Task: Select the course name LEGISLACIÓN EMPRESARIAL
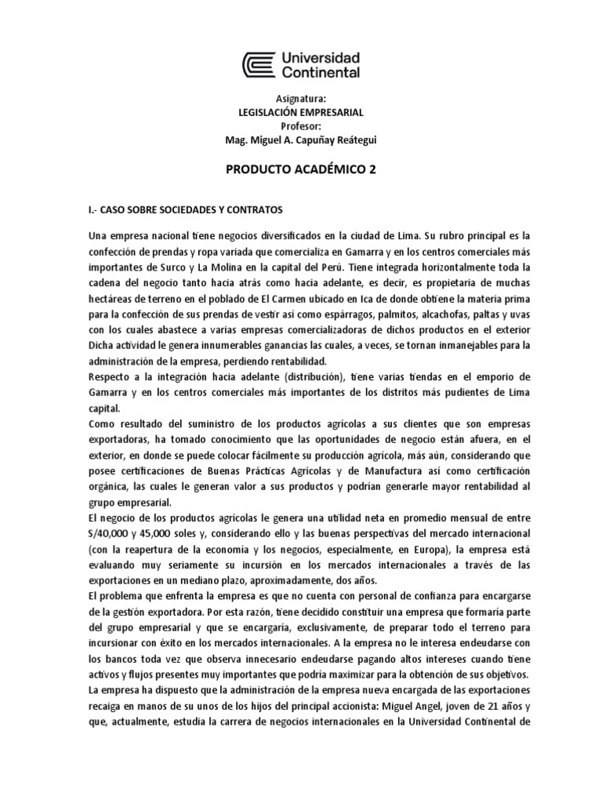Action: click(x=301, y=113)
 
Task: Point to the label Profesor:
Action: click(x=301, y=126)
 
